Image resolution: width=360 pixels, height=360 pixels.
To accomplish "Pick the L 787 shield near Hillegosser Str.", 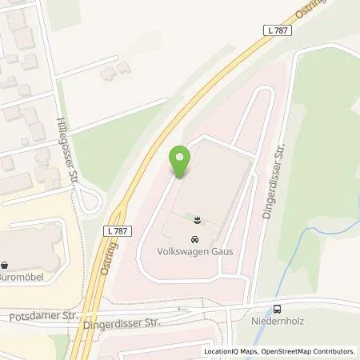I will (116, 230).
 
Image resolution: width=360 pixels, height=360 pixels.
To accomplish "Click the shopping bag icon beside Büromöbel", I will (5, 263).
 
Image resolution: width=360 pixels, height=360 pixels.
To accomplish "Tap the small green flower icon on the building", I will (194, 218).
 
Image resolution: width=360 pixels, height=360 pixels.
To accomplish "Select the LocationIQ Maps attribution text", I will (231, 351).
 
